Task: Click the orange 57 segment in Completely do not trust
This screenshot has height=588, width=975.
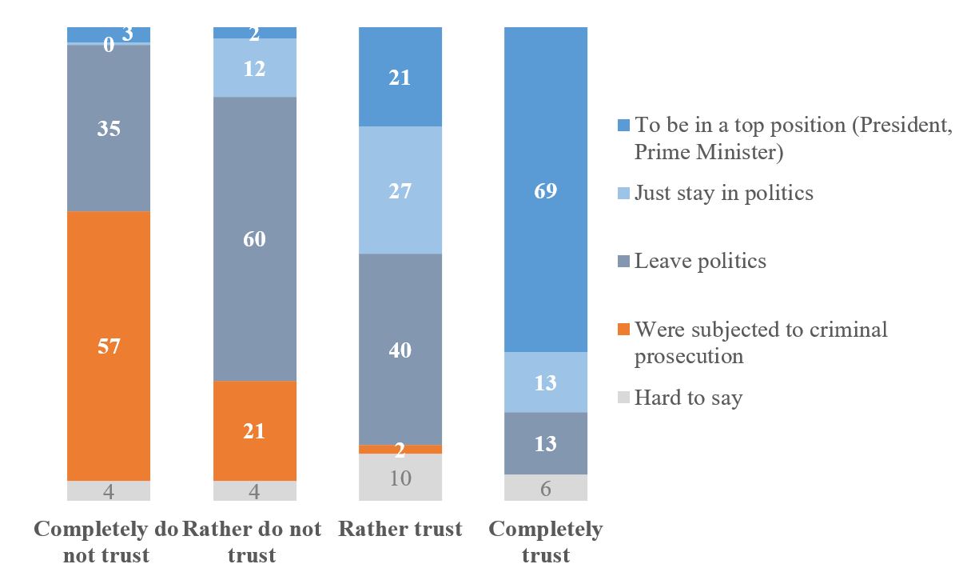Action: click(109, 346)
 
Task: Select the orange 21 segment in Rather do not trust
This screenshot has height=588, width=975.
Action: click(255, 430)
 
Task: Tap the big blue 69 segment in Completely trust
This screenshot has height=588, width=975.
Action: click(546, 190)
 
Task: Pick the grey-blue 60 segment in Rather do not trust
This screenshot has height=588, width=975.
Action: click(255, 238)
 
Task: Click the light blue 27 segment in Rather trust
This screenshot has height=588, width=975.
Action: click(400, 190)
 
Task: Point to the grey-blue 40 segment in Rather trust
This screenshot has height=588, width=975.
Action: click(400, 349)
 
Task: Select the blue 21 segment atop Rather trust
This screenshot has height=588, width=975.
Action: click(400, 77)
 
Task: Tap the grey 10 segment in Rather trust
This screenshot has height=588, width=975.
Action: click(400, 478)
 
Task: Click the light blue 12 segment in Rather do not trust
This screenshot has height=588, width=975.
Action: click(255, 68)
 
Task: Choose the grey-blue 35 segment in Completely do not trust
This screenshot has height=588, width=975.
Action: click(109, 128)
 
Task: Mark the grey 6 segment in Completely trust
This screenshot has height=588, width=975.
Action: click(546, 487)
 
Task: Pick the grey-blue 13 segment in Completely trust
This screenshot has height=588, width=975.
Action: click(546, 443)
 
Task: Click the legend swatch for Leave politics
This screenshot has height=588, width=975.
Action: click(624, 261)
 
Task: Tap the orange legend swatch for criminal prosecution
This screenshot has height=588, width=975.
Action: click(624, 330)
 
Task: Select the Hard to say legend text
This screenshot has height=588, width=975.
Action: click(688, 398)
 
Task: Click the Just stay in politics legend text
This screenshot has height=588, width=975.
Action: click(723, 193)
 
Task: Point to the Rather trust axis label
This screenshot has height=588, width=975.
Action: click(400, 529)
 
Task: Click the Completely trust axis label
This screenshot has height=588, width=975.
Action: click(546, 542)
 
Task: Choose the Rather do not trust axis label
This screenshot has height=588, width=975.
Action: click(253, 542)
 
